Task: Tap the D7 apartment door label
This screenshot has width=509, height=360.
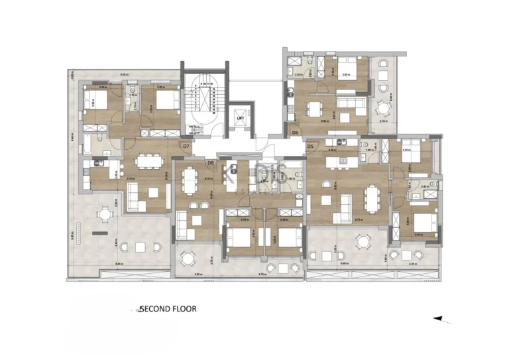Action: (x=186, y=146)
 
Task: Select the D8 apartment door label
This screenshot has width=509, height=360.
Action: (x=210, y=162)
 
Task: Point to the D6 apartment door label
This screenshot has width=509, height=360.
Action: (x=296, y=133)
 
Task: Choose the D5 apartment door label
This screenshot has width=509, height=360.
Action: (x=310, y=146)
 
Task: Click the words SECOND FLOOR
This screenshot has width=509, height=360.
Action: (x=168, y=309)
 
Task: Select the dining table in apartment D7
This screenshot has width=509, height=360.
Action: (x=148, y=161)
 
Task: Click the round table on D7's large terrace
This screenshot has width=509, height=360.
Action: (x=105, y=215)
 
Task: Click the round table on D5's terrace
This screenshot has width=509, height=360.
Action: (x=362, y=243)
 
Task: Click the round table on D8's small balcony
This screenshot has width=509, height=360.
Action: (x=188, y=259)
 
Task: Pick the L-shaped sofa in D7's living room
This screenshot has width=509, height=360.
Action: (x=136, y=194)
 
